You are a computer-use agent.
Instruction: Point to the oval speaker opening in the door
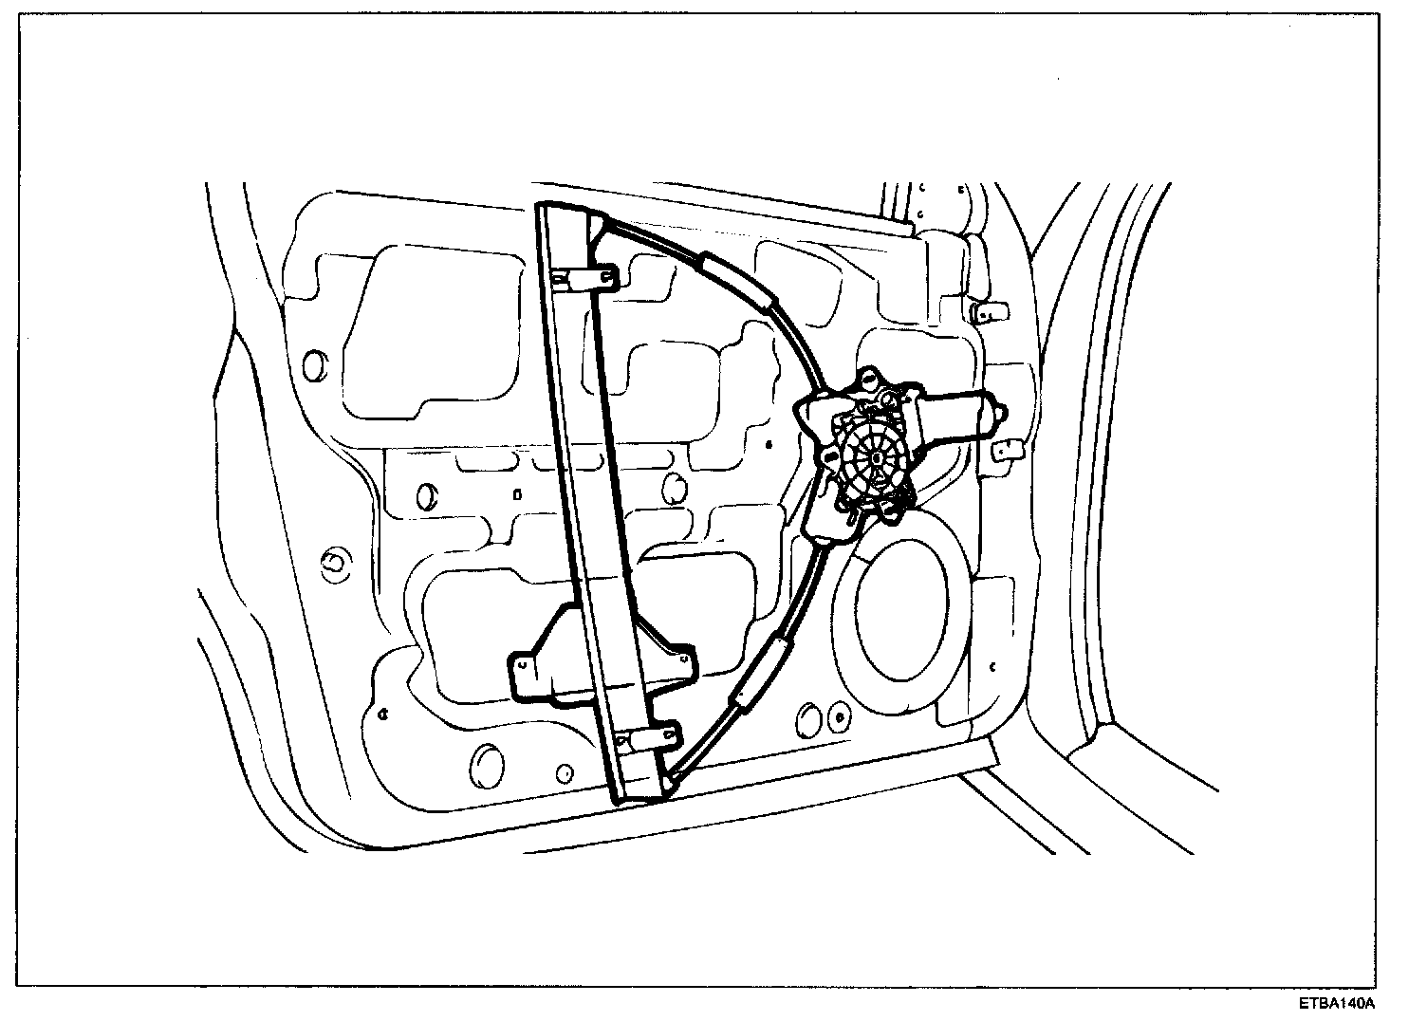[900, 612]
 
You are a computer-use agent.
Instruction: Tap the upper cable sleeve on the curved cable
[739, 280]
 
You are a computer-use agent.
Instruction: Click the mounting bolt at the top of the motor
[867, 381]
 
